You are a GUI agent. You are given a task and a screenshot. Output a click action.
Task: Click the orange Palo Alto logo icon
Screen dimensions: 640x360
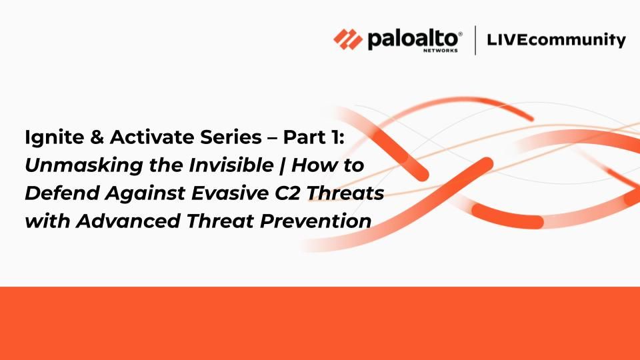coord(348,39)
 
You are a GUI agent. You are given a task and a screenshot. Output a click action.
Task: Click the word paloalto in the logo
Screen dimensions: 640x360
coord(413,39)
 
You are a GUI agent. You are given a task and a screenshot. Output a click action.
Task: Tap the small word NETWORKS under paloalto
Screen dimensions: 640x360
coord(441,51)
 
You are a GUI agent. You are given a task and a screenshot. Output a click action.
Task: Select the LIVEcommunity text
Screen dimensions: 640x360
coord(556,40)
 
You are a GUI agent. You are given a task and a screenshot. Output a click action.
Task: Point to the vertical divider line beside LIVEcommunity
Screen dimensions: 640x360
coord(475,40)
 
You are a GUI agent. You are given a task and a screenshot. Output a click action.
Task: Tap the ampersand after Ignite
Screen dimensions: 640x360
coord(96,137)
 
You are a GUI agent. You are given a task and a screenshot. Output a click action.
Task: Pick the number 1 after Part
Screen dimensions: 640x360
coord(333,137)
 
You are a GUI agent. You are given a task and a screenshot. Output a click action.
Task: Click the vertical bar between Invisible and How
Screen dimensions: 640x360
coord(282,166)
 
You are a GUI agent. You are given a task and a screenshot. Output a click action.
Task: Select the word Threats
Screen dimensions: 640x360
coord(345,193)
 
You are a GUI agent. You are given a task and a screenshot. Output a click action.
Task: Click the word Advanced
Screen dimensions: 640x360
coord(128,221)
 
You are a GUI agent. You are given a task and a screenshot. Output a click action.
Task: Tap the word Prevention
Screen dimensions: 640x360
coord(315,221)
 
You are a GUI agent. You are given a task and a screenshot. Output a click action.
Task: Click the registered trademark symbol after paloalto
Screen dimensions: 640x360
coord(460,34)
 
